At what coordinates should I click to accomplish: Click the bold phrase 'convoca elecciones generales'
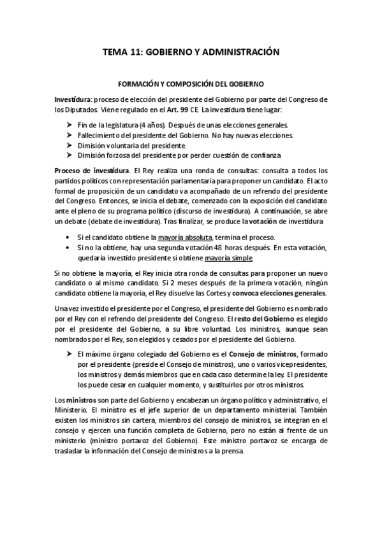(288, 293)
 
